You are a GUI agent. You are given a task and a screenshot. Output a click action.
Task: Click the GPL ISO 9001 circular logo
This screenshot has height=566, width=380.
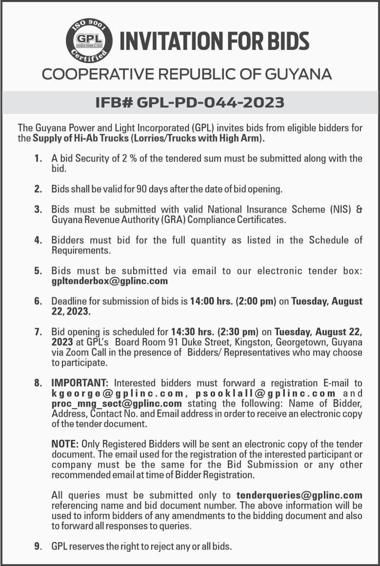(89, 41)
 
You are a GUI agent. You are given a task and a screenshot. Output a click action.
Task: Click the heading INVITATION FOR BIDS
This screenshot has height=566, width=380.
(215, 41)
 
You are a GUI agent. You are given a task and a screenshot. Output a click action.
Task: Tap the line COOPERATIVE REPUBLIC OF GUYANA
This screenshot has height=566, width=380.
(187, 74)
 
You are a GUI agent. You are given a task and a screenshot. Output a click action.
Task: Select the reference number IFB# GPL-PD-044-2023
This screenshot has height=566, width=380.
(190, 103)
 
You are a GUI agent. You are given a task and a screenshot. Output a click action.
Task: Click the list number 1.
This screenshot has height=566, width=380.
(38, 159)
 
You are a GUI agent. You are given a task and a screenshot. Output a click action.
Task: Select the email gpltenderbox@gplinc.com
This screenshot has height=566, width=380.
(110, 281)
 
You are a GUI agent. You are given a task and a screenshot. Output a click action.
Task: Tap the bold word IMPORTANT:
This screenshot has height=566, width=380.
(82, 383)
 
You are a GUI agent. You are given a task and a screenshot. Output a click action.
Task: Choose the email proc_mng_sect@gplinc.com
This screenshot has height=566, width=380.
(117, 404)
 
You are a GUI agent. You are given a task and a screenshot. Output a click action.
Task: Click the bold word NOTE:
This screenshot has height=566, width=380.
(65, 444)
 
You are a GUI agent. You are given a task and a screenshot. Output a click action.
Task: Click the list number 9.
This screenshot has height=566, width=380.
(38, 546)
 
